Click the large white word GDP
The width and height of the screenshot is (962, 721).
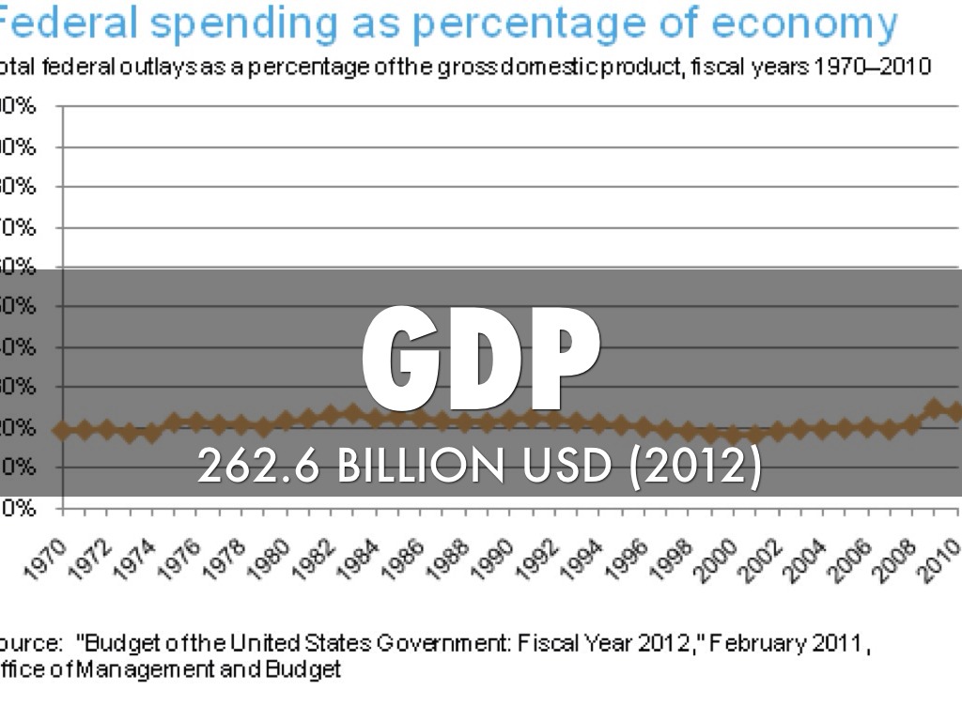pos(481,359)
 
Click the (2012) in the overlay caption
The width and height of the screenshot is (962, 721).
pos(694,467)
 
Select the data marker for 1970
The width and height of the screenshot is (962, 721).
pos(62,430)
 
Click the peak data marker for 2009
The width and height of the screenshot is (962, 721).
pos(934,408)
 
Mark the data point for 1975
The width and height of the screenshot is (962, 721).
pos(174,422)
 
